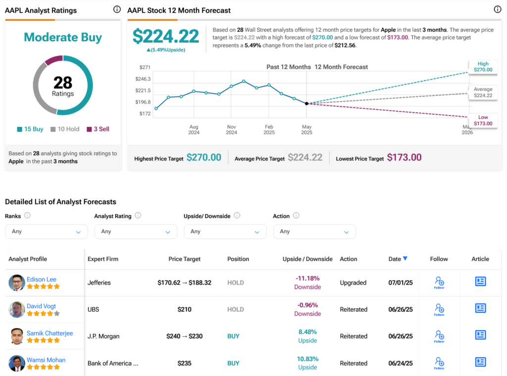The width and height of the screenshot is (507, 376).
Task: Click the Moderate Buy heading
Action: tap(63, 38)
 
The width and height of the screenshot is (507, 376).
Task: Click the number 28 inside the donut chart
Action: tap(63, 82)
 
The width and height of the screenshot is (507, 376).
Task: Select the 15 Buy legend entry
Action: tap(30, 129)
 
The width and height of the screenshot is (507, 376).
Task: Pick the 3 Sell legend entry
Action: tap(98, 129)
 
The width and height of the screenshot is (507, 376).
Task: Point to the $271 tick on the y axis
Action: tap(145, 67)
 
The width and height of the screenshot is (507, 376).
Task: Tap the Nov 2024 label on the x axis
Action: tap(232, 130)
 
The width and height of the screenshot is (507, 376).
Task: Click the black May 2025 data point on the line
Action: tap(306, 103)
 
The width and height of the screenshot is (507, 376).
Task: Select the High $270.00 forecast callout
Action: tap(483, 67)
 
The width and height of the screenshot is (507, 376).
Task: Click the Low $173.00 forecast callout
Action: tap(483, 120)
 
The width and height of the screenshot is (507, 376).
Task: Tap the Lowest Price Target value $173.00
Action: tap(404, 158)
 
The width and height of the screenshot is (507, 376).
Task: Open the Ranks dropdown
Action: tap(47, 231)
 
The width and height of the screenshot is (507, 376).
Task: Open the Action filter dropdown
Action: tap(314, 231)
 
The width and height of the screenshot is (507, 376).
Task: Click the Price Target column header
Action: tap(185, 259)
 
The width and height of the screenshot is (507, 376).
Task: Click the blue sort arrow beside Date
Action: tap(405, 258)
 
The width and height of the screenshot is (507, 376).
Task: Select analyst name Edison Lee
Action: tap(42, 279)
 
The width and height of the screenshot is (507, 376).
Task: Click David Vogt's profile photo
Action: tap(17, 310)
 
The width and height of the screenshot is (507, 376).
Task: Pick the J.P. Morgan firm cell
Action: tap(103, 336)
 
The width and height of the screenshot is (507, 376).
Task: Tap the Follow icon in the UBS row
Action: tap(439, 309)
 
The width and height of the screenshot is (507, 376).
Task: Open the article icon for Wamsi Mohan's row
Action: tap(480, 362)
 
